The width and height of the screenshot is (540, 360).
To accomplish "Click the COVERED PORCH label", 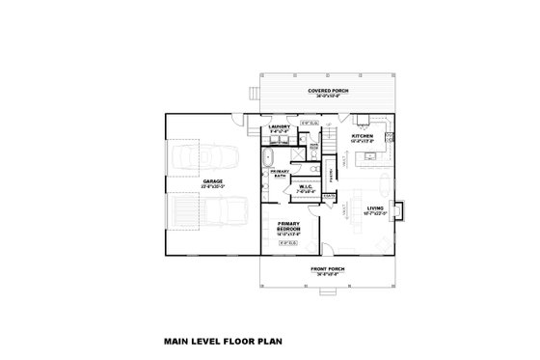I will tap(329, 91).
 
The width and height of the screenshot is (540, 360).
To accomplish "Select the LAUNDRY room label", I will tap(281, 125).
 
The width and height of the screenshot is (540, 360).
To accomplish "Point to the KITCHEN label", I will tap(362, 136).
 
